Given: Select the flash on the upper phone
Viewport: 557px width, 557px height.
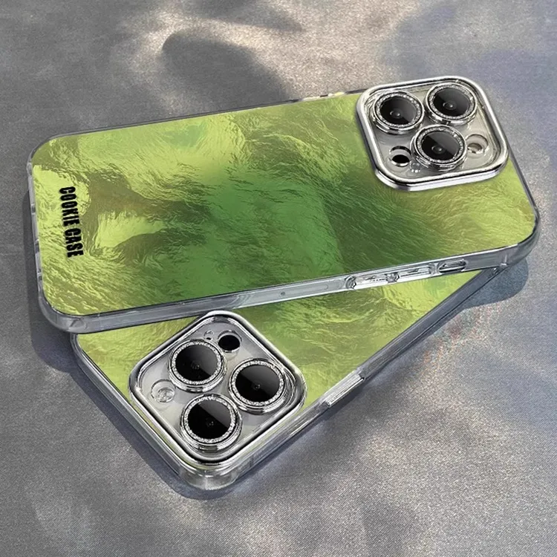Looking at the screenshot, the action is (476, 144).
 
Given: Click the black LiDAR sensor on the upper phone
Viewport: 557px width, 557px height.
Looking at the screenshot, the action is (400, 157).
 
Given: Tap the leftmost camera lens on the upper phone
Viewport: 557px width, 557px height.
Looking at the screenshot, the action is (399, 112).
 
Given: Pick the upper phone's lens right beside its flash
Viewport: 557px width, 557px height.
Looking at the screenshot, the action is (439, 146).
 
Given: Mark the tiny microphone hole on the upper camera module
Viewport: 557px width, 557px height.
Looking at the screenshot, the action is (415, 166).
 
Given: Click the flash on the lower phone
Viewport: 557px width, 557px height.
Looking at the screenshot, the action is (164, 393).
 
